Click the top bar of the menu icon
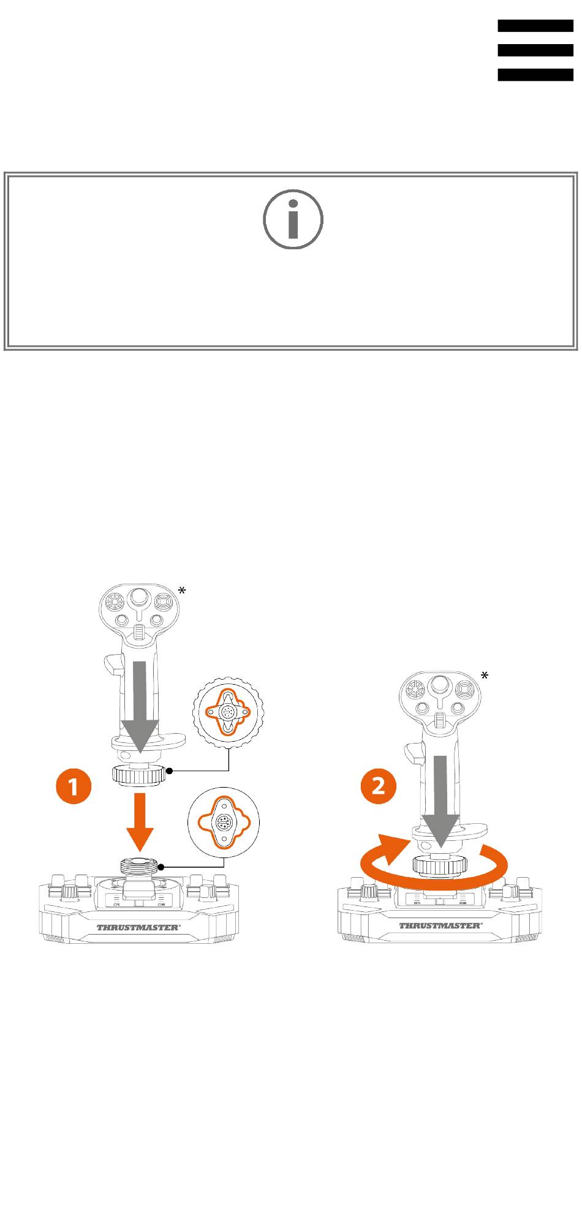pos(535,26)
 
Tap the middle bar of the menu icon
pos(535,50)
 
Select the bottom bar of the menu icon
pos(535,75)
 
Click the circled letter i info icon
pos(293,219)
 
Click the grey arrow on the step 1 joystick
pos(140,707)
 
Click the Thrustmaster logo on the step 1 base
pos(138,927)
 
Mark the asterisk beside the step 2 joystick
pos(484,676)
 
